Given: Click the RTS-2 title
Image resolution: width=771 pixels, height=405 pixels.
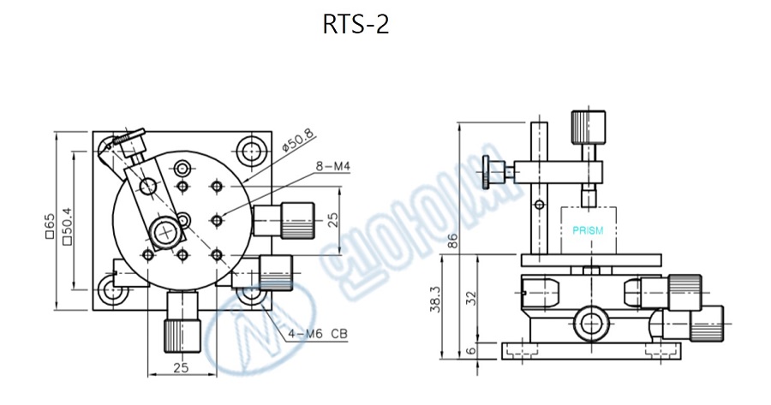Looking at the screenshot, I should [x=356, y=25].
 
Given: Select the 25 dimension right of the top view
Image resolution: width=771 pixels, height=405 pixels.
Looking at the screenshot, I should [x=332, y=222].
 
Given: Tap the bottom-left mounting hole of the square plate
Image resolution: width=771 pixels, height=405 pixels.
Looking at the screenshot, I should [x=111, y=289].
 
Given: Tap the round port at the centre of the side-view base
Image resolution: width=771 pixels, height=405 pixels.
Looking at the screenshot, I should [x=589, y=322].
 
